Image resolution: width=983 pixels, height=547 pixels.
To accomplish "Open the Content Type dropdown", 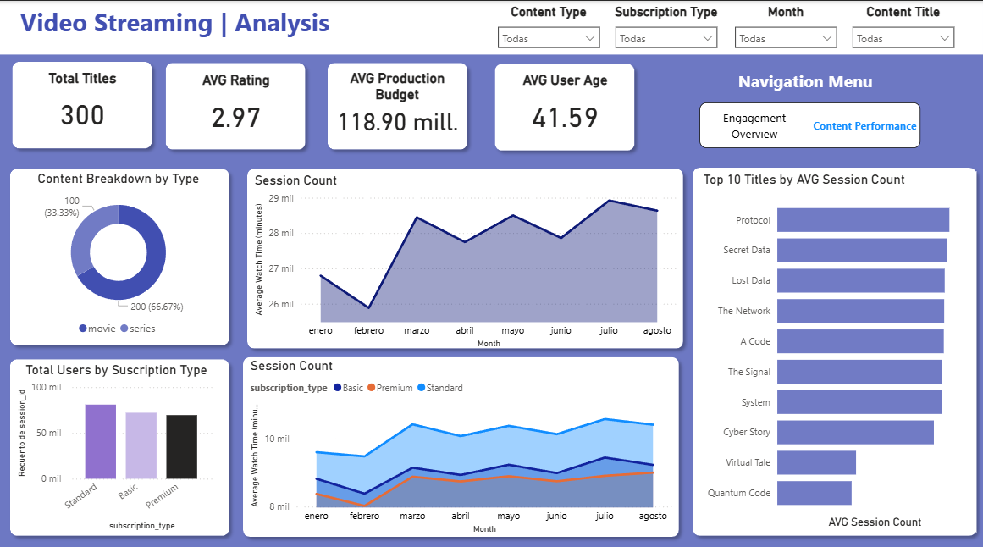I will click(x=549, y=38).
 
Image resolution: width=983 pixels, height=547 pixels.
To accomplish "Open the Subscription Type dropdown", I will click(x=666, y=38).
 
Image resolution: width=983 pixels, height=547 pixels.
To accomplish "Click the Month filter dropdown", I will click(x=786, y=38).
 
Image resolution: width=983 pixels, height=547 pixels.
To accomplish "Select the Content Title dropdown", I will click(x=903, y=38).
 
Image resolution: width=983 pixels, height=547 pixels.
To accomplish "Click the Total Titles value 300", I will click(x=82, y=115).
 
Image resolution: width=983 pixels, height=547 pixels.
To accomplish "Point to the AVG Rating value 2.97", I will click(x=235, y=118).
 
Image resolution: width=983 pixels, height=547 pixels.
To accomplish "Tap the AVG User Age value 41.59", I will click(x=565, y=118).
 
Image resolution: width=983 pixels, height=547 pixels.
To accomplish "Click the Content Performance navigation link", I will click(x=864, y=126).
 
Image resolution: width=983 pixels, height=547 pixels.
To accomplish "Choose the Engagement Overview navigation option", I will click(x=754, y=126).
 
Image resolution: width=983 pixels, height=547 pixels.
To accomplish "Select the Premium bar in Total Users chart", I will click(x=181, y=446).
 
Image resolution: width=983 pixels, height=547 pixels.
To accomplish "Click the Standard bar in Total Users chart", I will click(x=100, y=441).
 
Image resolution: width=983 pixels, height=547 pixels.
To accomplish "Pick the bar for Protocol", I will click(x=863, y=220).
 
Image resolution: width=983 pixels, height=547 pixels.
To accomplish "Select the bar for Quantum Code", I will click(x=814, y=493).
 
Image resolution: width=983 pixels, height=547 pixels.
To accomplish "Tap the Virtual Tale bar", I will click(x=816, y=462).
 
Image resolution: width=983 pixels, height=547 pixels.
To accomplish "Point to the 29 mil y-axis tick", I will click(x=280, y=198).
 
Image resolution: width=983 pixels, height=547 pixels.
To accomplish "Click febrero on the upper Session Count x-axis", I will click(x=368, y=330).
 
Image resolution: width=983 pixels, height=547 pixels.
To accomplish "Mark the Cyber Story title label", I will click(x=746, y=432).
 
